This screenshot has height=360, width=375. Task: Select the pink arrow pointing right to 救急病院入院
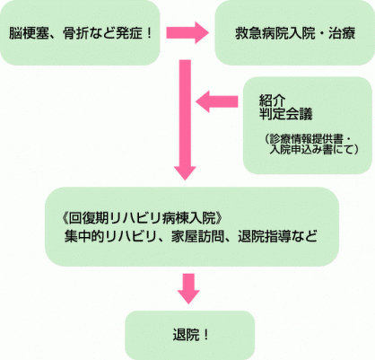click(187, 32)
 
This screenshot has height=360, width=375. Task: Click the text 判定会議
click(285, 114)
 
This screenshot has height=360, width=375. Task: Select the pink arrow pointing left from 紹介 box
click(217, 101)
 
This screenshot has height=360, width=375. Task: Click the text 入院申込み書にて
click(311, 149)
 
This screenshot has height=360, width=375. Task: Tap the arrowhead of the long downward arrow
click(185, 173)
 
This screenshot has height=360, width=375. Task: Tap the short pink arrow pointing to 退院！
click(188, 289)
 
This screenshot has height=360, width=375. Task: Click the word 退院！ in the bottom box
click(190, 335)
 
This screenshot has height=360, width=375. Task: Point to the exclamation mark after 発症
click(149, 33)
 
